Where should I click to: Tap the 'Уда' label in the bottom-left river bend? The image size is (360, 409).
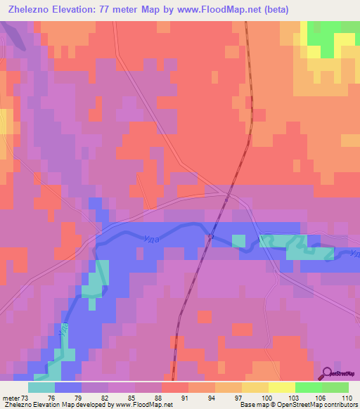(x=64, y=329)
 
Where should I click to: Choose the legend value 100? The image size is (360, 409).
(x=266, y=398)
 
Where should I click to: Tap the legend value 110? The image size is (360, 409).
(x=345, y=398)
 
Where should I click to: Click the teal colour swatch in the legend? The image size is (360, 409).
(x=41, y=387)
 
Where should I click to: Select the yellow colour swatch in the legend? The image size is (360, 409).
(x=282, y=387)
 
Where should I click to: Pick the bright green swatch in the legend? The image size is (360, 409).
(x=309, y=387)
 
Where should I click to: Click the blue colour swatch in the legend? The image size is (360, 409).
(x=68, y=387)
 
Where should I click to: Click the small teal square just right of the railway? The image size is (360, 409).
(x=239, y=241)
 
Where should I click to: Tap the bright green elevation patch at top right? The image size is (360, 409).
(x=324, y=39)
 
